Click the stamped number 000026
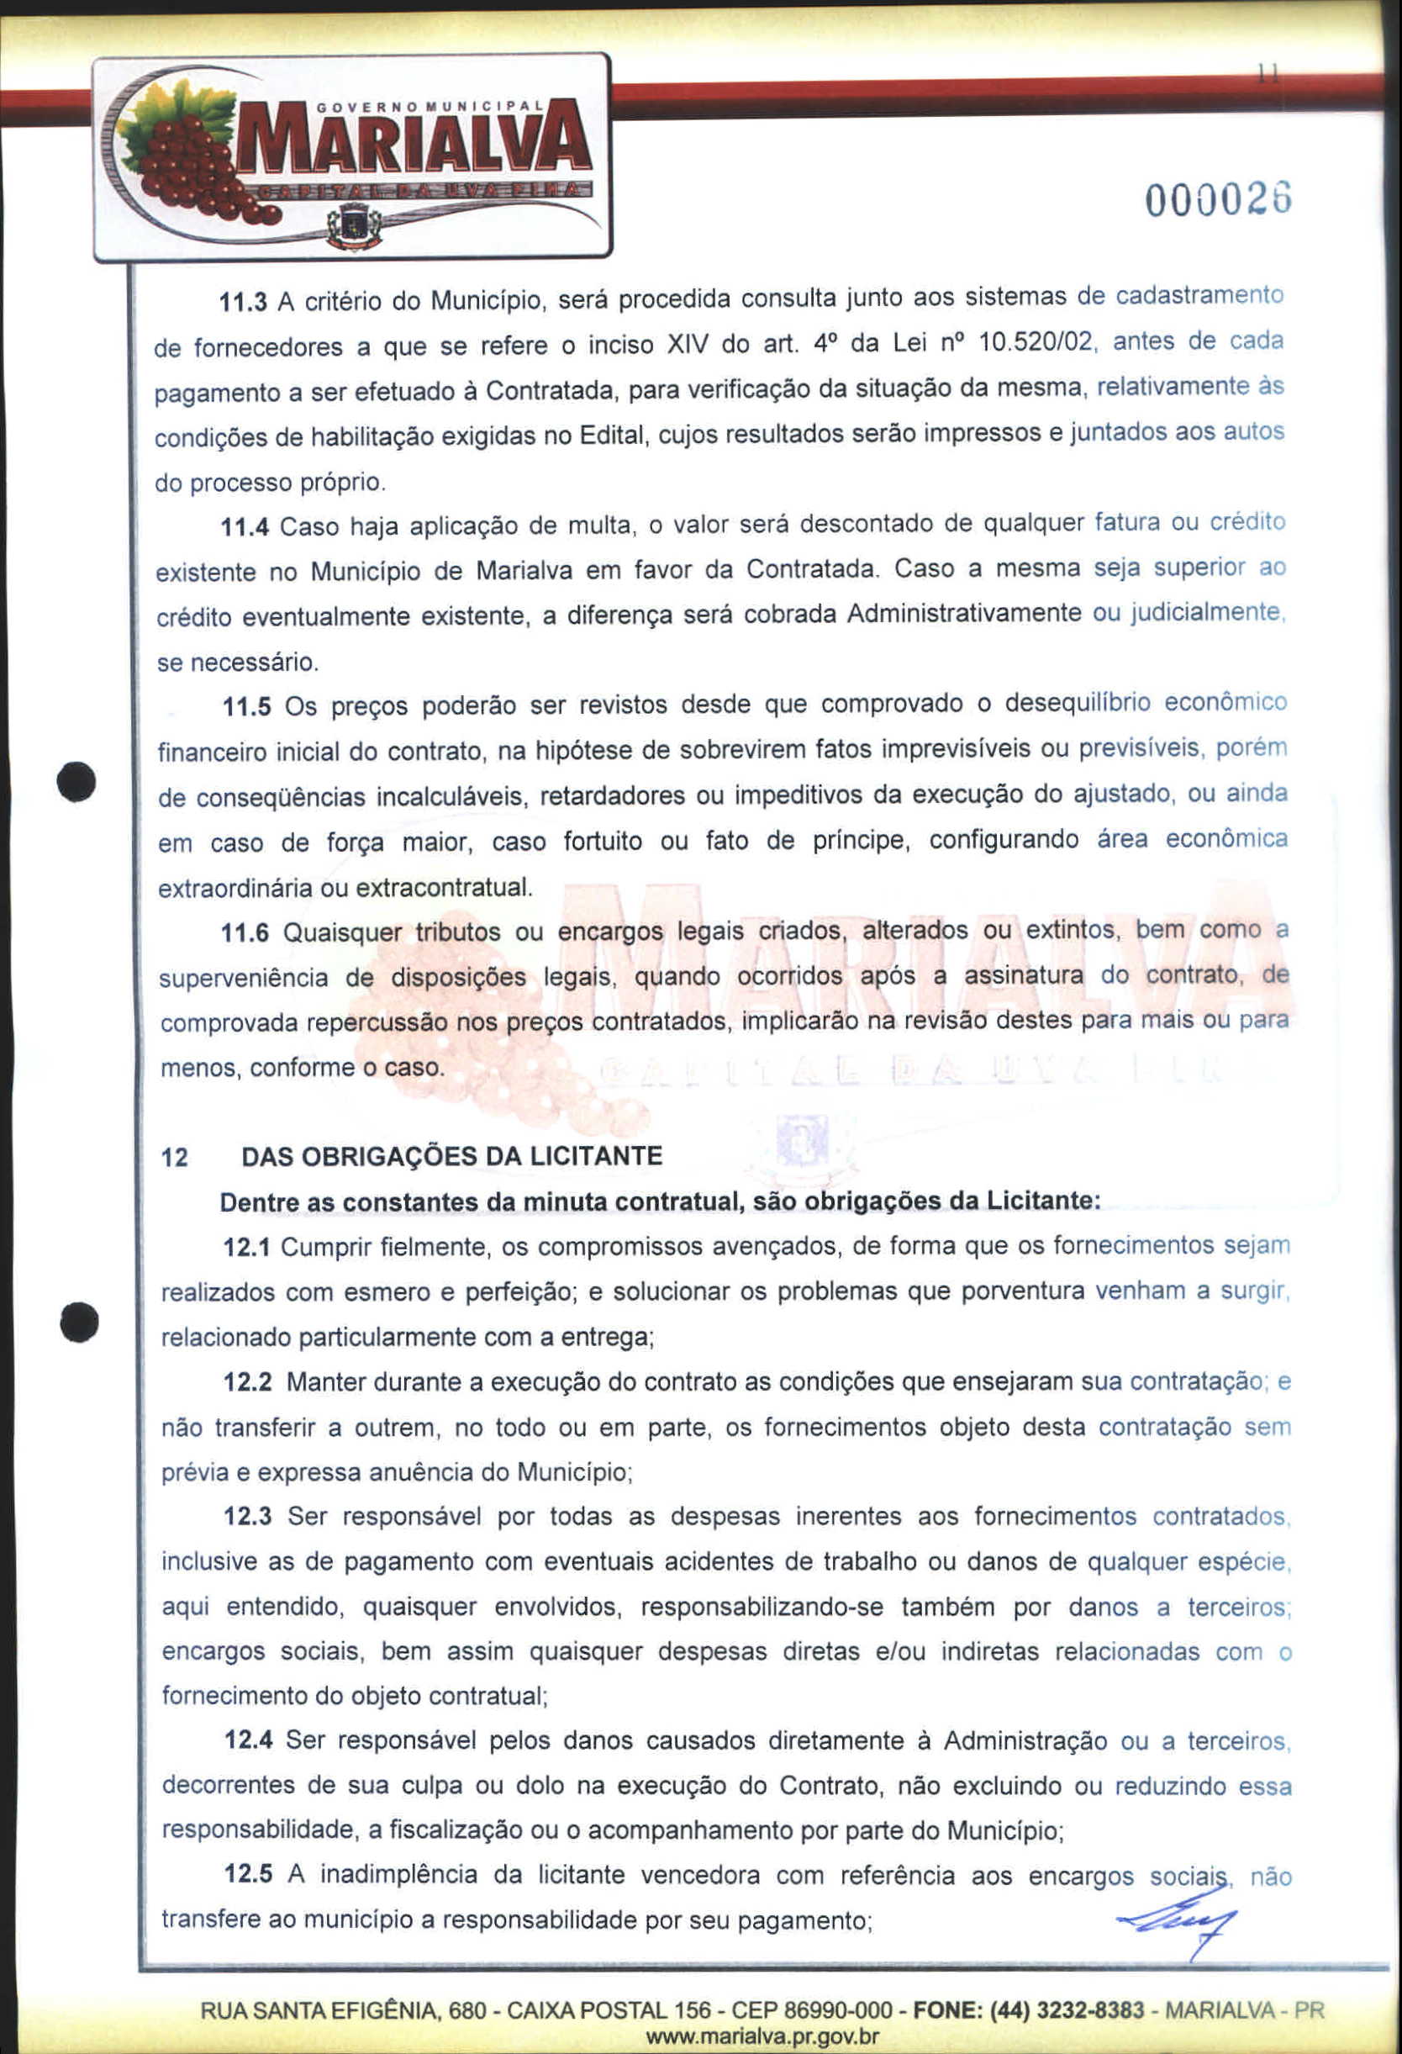coord(1218,202)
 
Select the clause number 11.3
coord(242,303)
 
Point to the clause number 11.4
coord(244,528)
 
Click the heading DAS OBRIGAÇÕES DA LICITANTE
coord(451,1156)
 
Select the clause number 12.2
coord(247,1382)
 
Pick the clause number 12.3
coord(247,1517)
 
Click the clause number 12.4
coord(248,1740)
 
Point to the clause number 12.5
coord(248,1875)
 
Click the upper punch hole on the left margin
coord(79,779)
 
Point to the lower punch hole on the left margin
coord(79,1323)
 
